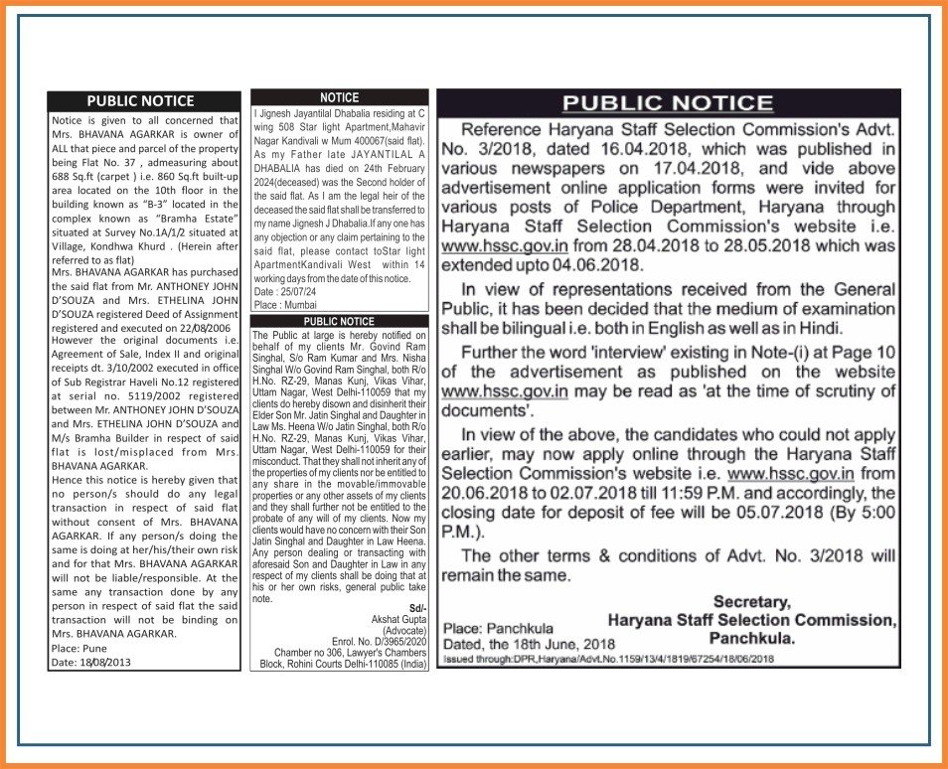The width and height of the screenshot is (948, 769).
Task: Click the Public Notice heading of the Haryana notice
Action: coord(668,102)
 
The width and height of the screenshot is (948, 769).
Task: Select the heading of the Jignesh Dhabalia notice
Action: coord(340,97)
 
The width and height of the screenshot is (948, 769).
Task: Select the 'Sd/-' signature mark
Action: coord(418,607)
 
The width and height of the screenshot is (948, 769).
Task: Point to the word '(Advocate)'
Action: coord(403,630)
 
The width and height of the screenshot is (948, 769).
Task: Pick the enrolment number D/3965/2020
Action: coord(392,641)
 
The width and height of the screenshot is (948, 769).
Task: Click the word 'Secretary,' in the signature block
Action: coord(752,601)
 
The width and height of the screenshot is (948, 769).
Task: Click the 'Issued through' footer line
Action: coord(609,659)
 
